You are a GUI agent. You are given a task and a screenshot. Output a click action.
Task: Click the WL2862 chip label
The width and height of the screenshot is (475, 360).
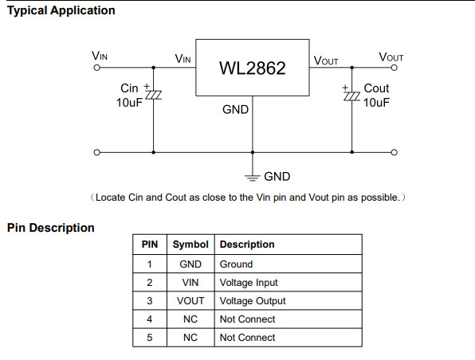[x=253, y=68]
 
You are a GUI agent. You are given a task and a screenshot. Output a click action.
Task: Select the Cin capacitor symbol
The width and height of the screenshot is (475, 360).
[x=153, y=95]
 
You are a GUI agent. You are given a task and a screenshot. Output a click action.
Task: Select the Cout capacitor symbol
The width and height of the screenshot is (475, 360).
[x=351, y=96]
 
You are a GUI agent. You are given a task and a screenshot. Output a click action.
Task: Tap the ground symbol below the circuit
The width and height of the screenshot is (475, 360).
[x=253, y=178]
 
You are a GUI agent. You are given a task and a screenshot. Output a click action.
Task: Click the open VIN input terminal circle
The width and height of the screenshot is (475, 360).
[x=96, y=68]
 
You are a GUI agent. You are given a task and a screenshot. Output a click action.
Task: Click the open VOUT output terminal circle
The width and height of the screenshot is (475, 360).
[x=395, y=68]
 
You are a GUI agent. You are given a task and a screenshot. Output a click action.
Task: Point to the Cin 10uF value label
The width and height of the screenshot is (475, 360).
[x=129, y=103]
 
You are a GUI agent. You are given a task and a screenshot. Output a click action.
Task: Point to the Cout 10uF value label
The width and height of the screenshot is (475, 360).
[x=376, y=103]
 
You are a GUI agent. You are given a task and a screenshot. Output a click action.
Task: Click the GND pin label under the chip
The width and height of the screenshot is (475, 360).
[x=235, y=110]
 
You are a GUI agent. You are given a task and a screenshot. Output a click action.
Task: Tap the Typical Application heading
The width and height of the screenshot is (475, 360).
[x=61, y=10]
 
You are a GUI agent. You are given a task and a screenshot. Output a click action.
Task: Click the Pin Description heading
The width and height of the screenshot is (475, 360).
[x=50, y=228]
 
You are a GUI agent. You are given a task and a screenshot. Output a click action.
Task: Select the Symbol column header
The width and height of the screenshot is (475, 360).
[x=190, y=245]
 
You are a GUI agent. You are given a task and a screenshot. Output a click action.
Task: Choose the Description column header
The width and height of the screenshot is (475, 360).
[x=247, y=245]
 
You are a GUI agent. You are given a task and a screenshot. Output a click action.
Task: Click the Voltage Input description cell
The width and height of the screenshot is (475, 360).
[x=249, y=283]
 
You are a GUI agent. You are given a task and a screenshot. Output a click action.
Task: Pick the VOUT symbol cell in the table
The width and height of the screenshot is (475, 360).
[x=190, y=301]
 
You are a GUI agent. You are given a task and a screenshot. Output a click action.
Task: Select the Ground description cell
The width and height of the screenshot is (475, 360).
[x=236, y=264]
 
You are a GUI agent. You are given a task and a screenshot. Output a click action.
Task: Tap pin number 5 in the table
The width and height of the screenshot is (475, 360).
[x=150, y=338]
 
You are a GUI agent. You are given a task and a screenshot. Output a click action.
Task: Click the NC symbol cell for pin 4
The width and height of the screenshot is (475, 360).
[x=190, y=319]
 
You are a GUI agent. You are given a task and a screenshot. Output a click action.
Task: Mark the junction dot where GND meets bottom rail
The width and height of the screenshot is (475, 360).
[x=253, y=152]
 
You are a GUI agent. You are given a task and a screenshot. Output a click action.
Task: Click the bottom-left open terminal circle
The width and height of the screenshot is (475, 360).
[x=96, y=152]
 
